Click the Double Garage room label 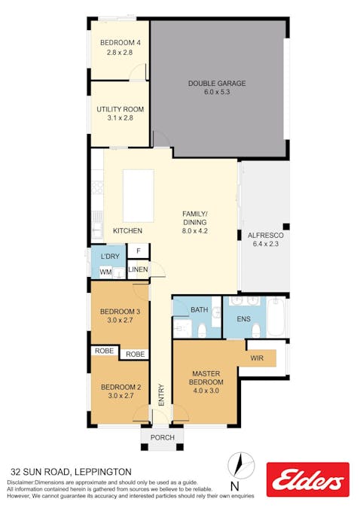pyautogui.click(x=217, y=84)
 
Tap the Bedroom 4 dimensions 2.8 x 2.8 pyautogui.click(x=120, y=52)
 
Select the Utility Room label pyautogui.click(x=121, y=109)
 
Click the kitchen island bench pyautogui.click(x=139, y=196)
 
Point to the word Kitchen pyautogui.click(x=127, y=231)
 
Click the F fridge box pyautogui.click(x=139, y=251)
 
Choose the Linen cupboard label pyautogui.click(x=138, y=269)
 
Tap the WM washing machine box pyautogui.click(x=105, y=272)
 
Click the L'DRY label pyautogui.click(x=110, y=257)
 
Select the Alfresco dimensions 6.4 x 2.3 pyautogui.click(x=266, y=244)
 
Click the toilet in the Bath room pyautogui.click(x=202, y=330)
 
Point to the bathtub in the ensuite pyautogui.click(x=276, y=317)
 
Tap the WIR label pyautogui.click(x=257, y=358)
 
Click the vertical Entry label pyautogui.click(x=161, y=395)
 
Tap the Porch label pyautogui.click(x=163, y=437)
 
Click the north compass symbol pyautogui.click(x=241, y=466)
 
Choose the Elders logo pyautogui.click(x=308, y=479)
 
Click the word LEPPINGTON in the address pyautogui.click(x=103, y=472)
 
